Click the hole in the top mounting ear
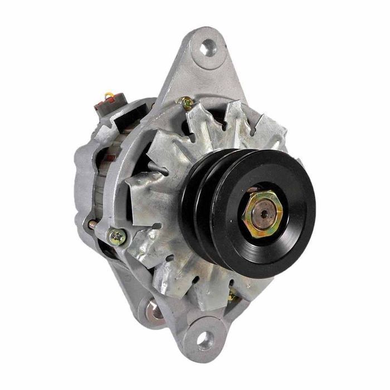click(x=207, y=47)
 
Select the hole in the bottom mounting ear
click(x=204, y=339)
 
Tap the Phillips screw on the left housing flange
click(x=117, y=237)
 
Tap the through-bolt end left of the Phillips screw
click(x=92, y=224)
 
